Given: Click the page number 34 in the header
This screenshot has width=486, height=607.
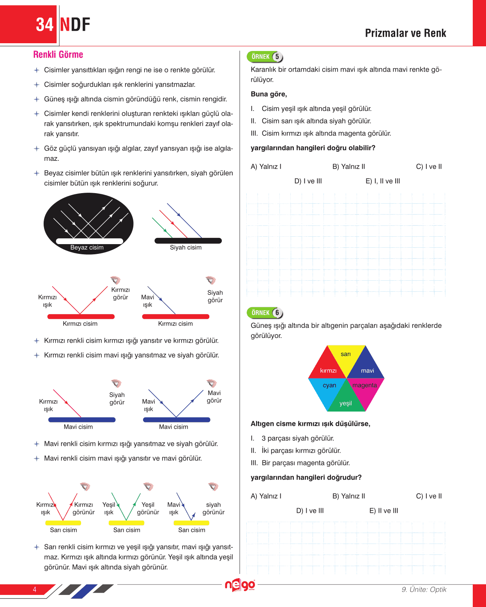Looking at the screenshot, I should pos(44,25).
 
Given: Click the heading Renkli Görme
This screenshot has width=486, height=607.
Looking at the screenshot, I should pos(58,55).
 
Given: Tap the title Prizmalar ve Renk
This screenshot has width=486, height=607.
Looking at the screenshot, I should pos(405,33).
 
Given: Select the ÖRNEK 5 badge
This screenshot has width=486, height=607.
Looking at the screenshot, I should pos(265,57).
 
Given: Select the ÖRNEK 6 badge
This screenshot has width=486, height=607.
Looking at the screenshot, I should pos(265,313).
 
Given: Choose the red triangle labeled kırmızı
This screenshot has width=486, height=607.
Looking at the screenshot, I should pos(327,367).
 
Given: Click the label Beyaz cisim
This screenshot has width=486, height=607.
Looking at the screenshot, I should pos(87,248).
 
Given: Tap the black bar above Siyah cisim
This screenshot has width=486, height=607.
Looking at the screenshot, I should pos(188,241).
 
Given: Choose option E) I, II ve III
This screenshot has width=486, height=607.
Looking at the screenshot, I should pos(383,181).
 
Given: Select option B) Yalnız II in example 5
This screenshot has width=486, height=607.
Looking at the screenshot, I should pos(348,167).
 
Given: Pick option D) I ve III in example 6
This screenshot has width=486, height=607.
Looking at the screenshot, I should pos(310,511).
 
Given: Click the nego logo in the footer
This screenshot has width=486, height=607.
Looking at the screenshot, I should pos(240,585).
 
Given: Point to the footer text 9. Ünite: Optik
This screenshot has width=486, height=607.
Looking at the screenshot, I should pos(424,589).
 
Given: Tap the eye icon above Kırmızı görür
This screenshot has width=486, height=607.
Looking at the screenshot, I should pos(115,280).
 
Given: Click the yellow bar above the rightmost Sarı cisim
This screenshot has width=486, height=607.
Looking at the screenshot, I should pos(191,523).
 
